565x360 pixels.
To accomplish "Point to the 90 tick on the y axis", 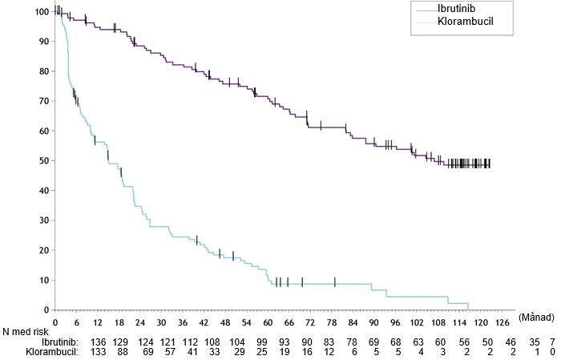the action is pyautogui.click(x=42, y=42).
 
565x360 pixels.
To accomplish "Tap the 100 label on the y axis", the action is pyautogui.click(x=42, y=11).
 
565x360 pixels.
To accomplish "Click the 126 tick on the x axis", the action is pyautogui.click(x=502, y=322).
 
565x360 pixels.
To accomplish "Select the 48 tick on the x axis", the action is pyautogui.click(x=225, y=322).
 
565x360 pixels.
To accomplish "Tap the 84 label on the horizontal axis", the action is pyautogui.click(x=353, y=322).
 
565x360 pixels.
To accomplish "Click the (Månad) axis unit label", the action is pyautogui.click(x=536, y=318).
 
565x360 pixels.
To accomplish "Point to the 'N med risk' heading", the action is pyautogui.click(x=25, y=331).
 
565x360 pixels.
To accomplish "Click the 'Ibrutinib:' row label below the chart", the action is pyautogui.click(x=60, y=342).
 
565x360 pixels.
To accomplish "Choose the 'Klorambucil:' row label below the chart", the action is pyautogui.click(x=52, y=352).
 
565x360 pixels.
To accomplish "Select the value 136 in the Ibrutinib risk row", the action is pyautogui.click(x=99, y=342).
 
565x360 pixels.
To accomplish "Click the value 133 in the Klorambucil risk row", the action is pyautogui.click(x=99, y=352).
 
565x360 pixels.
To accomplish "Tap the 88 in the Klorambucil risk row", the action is pyautogui.click(x=123, y=352).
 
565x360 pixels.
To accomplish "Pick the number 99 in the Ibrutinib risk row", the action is pyautogui.click(x=261, y=342).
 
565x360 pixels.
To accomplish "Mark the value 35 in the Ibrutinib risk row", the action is pyautogui.click(x=535, y=342).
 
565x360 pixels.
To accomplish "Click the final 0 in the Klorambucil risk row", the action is pyautogui.click(x=552, y=352).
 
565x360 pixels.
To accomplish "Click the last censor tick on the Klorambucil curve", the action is pyautogui.click(x=335, y=282).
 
